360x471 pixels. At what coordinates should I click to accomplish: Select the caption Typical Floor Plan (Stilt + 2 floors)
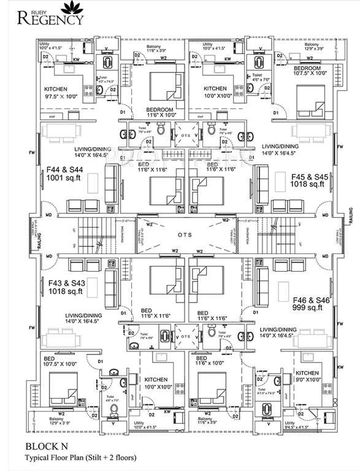click(x=80, y=458)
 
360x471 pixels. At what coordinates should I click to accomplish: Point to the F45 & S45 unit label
click(x=308, y=175)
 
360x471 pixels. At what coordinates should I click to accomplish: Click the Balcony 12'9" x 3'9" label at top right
click(x=311, y=47)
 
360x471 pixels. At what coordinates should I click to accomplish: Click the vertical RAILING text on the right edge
click(x=351, y=216)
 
